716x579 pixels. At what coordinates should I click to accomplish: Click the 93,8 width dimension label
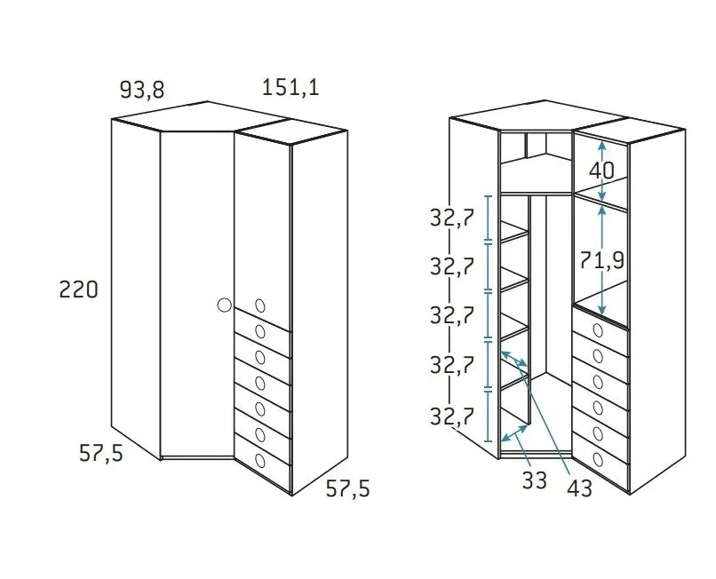click(x=142, y=90)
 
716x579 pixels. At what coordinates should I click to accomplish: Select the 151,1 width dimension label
click(x=290, y=87)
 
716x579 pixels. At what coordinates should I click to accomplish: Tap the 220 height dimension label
click(x=78, y=289)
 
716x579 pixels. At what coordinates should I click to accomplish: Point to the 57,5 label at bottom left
click(x=101, y=454)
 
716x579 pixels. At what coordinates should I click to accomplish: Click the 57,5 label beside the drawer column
click(x=347, y=488)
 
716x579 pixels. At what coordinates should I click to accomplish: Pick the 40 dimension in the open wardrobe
click(x=601, y=171)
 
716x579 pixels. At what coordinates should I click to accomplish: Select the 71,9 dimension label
click(x=601, y=261)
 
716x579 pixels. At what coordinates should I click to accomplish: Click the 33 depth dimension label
click(x=534, y=480)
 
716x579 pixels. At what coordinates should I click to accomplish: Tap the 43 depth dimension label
click(x=579, y=488)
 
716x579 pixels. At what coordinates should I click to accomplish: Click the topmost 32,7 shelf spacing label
click(x=451, y=218)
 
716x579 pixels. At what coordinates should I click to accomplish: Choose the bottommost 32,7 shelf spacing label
click(x=451, y=416)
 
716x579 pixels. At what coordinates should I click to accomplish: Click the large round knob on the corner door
click(x=224, y=305)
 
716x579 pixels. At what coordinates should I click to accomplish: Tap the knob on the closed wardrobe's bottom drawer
click(x=260, y=460)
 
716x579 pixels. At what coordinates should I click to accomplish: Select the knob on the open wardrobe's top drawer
click(x=598, y=330)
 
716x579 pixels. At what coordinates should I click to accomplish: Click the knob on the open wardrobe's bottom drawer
click(x=598, y=459)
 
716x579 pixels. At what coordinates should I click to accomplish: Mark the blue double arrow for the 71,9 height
click(x=602, y=259)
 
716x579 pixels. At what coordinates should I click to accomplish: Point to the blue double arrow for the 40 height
click(x=602, y=171)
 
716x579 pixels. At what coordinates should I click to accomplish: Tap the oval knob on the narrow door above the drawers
click(x=260, y=305)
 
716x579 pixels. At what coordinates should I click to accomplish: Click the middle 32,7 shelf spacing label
click(x=451, y=315)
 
